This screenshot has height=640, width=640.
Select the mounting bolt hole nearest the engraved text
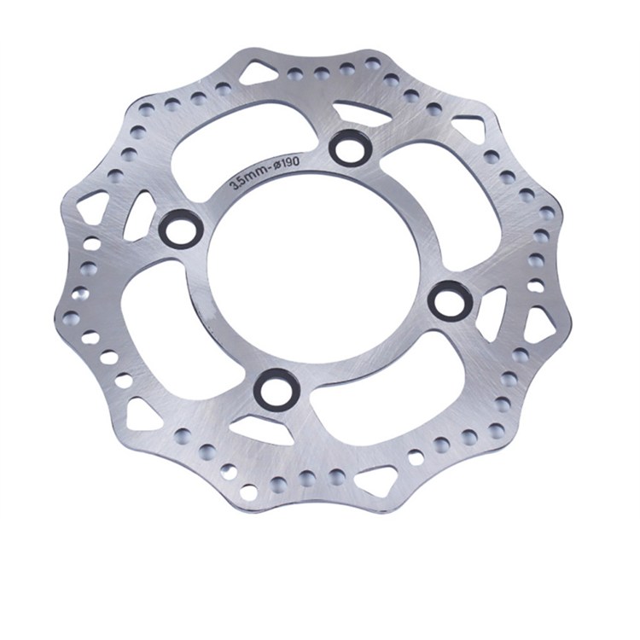coord(349,148)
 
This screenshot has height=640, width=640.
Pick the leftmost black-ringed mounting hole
coord(180,227)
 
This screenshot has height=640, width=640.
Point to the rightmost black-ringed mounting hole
coord(450,300)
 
